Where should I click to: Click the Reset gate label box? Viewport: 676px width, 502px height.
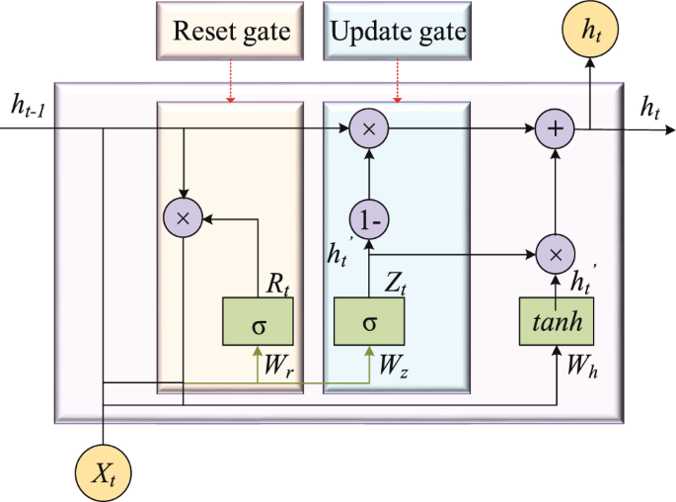tap(232, 33)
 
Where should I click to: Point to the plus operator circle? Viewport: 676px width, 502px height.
tap(555, 128)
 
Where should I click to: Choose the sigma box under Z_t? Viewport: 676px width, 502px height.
tap(370, 321)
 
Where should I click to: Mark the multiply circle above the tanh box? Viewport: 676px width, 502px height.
tap(555, 254)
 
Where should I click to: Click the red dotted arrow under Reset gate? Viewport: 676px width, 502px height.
tap(231, 85)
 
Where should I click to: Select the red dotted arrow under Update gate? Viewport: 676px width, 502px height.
tap(398, 85)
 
